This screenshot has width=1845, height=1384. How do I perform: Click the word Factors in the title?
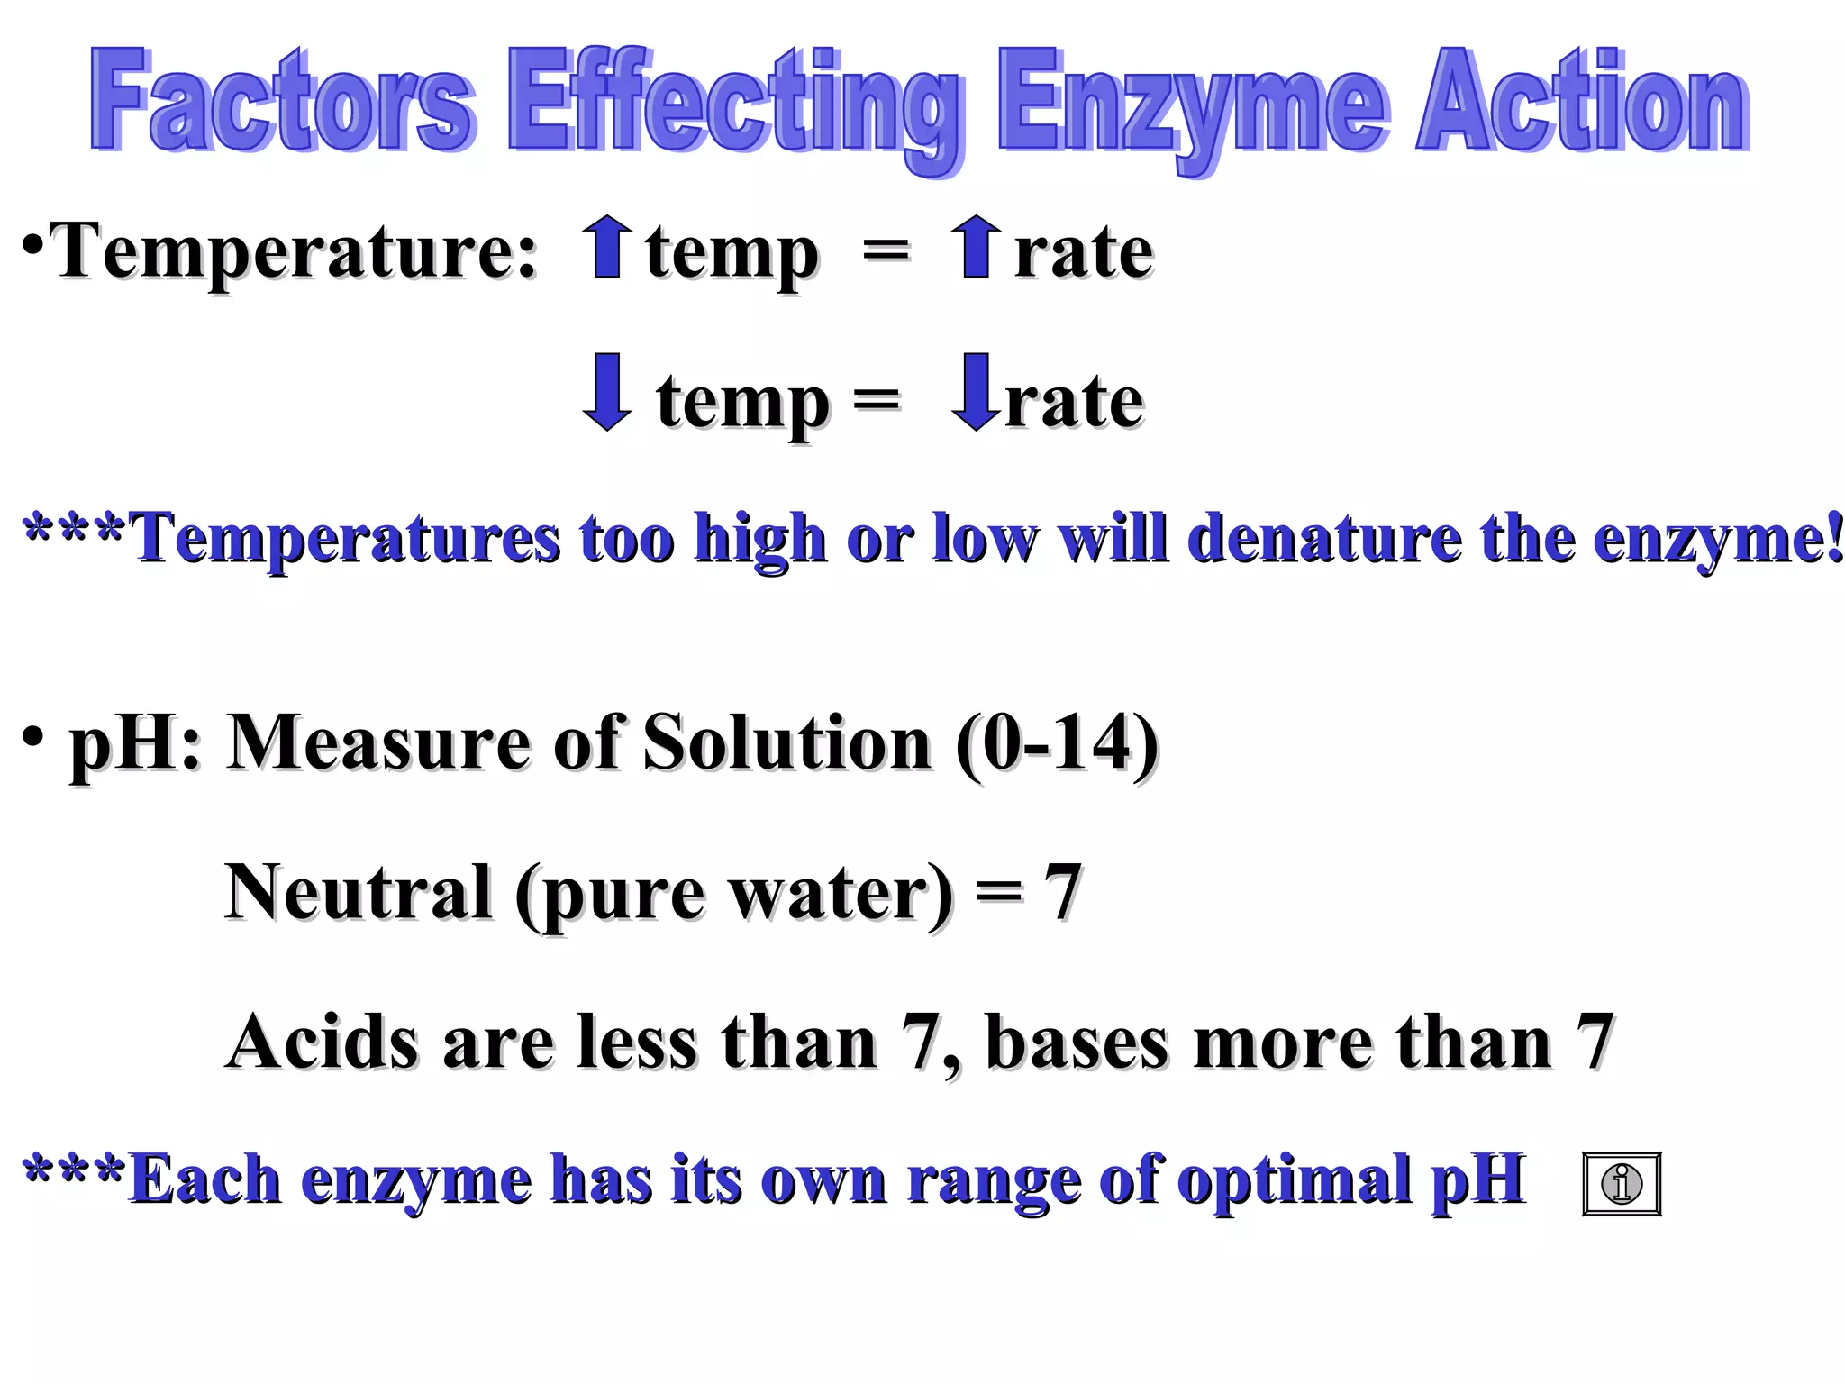point(281,101)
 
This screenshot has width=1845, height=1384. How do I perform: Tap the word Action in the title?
point(1582,101)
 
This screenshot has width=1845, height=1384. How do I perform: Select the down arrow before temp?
point(606,393)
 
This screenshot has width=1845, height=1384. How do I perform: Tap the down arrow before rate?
point(975,393)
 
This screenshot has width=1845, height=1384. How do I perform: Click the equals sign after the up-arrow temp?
point(886,250)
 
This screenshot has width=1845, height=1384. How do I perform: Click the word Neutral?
point(359,892)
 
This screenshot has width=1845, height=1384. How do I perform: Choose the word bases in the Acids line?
point(1077,1042)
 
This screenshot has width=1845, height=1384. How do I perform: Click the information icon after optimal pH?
point(1622,1184)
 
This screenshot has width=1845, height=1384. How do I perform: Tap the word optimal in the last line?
point(1295,1180)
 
